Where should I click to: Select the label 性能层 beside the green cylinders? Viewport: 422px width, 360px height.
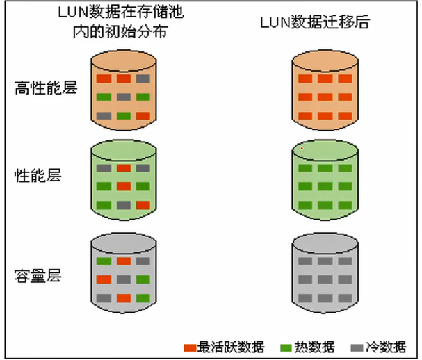(38, 174)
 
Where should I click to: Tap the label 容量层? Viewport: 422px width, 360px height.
(38, 276)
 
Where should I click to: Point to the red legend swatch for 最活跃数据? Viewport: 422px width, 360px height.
(190, 347)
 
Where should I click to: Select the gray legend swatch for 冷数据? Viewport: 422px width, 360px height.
(357, 347)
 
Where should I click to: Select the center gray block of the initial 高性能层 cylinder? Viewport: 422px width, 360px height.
(123, 97)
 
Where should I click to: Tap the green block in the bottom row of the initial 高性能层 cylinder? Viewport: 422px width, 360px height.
(123, 115)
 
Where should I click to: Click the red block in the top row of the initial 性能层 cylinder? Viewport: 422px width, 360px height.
(123, 167)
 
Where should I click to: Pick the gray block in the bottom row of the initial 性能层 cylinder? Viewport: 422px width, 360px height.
(123, 204)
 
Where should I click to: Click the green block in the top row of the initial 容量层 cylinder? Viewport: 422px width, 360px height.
(104, 261)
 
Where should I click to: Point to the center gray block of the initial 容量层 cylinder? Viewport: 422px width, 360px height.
(123, 279)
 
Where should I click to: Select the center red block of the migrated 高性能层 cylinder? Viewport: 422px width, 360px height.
(325, 97)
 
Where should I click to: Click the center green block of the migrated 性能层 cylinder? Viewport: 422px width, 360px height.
(325, 186)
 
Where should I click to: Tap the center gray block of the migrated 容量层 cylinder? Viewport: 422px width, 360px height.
(325, 279)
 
